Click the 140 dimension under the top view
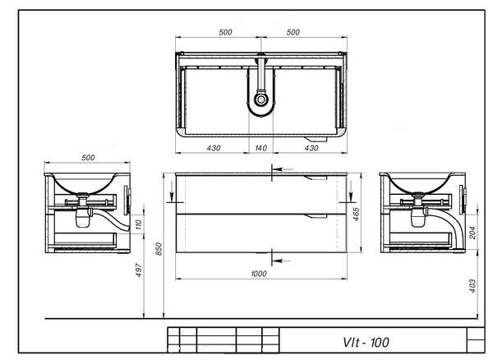pos(260,148)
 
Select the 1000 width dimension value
pos(259,274)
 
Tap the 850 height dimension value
pos(159,249)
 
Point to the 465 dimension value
pos(356,215)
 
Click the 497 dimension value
pos(138,270)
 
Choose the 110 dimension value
pos(139,224)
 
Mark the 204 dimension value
pos(472,233)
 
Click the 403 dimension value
pos(472,286)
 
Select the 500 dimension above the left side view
pos(88,158)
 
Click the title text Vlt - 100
pos(366,343)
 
